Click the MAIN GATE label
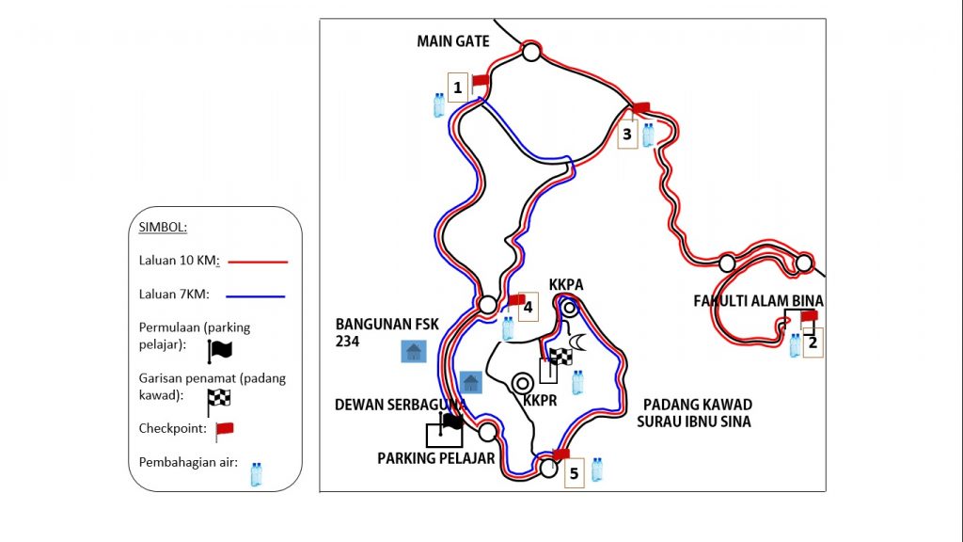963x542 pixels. tap(452, 41)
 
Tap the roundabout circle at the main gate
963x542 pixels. tap(531, 53)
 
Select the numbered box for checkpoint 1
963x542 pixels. tap(458, 88)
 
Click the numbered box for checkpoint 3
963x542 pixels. tap(627, 134)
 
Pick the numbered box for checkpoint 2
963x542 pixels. tap(813, 343)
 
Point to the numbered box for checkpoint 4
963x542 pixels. tap(529, 307)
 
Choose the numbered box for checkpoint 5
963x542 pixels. tap(575, 473)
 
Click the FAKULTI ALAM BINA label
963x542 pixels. tap(759, 301)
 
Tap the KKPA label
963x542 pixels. tap(566, 284)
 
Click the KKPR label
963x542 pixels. tap(540, 401)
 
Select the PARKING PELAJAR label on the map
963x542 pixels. tap(436, 458)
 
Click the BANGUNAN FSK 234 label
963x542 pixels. tap(387, 332)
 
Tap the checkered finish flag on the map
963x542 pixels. tap(560, 357)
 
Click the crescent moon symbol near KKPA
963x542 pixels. tap(577, 342)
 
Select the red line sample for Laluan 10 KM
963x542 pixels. tap(258, 262)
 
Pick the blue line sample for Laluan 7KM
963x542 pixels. tap(256, 296)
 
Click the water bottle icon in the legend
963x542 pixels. tap(256, 474)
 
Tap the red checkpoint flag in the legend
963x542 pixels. tap(224, 431)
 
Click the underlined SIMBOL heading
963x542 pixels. tap(163, 228)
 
